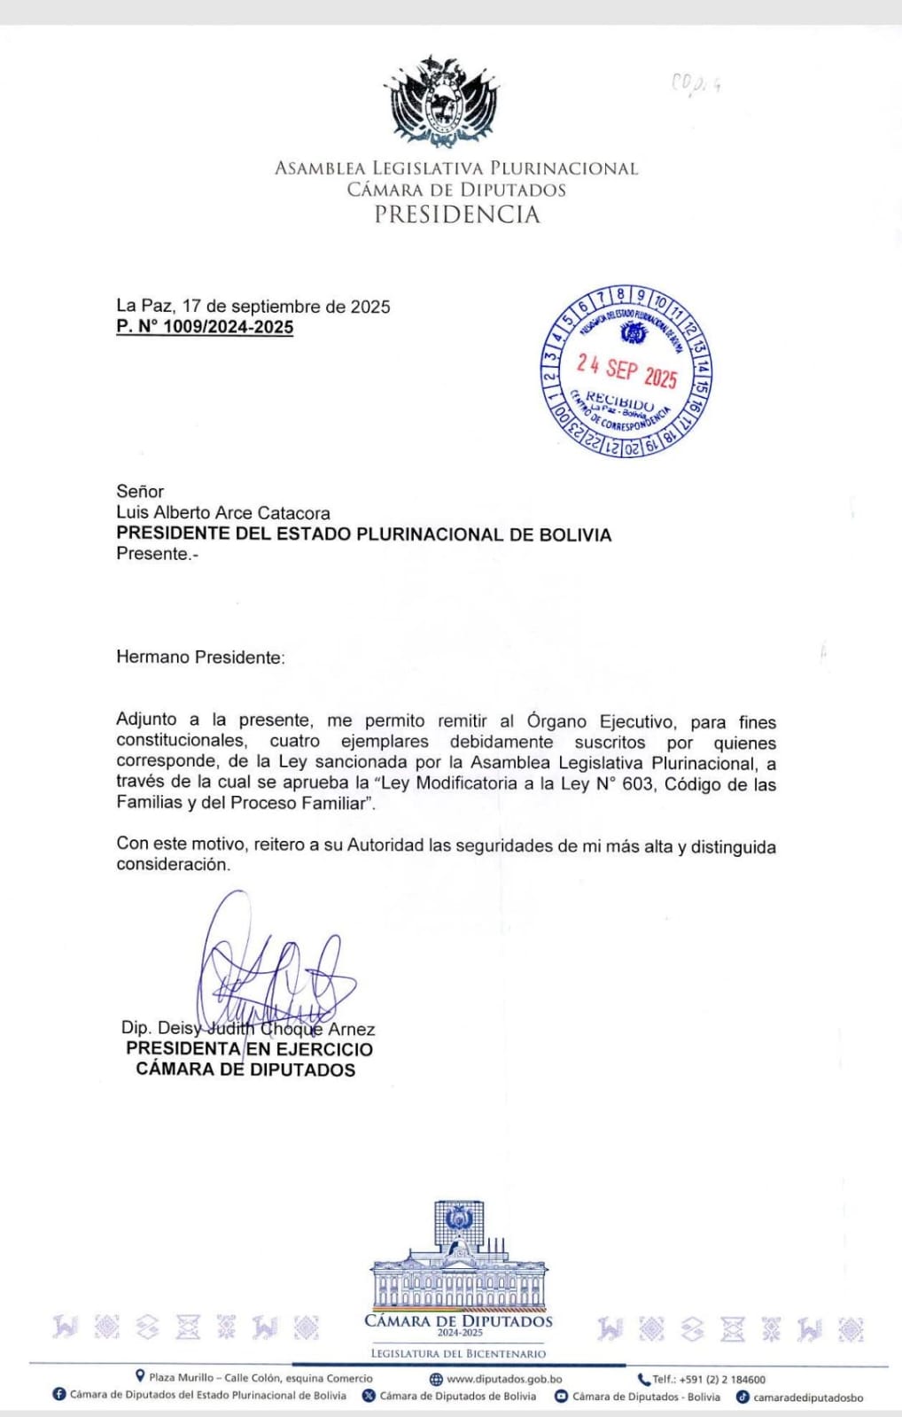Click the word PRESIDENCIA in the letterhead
pos(456,214)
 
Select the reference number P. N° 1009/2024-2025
pos(205,327)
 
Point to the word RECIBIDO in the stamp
pos(619,401)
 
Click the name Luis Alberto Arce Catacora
pos(223,513)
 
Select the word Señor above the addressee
pos(140,492)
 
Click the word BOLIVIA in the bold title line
pos(568,535)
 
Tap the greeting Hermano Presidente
pos(200,658)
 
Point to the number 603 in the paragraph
pos(636,784)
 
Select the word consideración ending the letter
pos(173,865)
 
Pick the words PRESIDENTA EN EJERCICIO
pos(249,1049)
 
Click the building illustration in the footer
pos(458,1258)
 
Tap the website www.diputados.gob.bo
pos(503,1379)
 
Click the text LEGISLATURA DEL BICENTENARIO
pos(458,1354)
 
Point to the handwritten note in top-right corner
pos(696,84)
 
